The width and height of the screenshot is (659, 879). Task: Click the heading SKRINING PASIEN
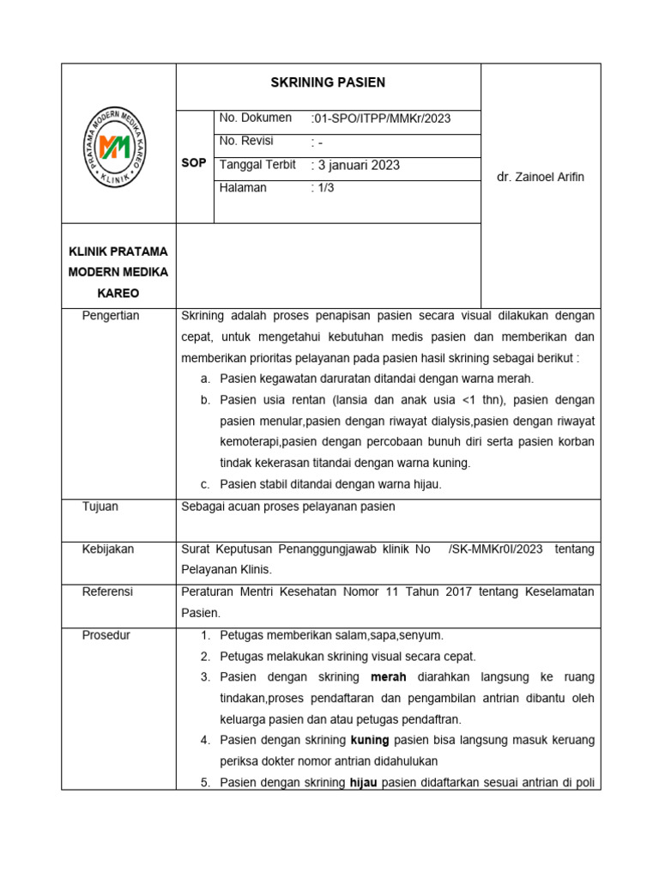328,83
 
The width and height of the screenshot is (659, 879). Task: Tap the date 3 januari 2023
357,166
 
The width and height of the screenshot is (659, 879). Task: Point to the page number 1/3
323,189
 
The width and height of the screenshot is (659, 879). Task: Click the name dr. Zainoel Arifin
541,177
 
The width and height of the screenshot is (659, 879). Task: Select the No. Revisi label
247,142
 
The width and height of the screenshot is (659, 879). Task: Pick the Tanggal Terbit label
257,165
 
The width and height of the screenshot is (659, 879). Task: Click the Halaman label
244,188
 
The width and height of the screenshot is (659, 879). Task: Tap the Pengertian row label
111,316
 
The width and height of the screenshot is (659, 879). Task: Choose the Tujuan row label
100,506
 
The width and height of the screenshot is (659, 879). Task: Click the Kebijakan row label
107,549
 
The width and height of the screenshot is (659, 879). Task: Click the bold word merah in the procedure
388,677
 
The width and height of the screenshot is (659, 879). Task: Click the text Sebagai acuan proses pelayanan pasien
288,506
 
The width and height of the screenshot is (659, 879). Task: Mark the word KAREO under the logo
119,294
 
